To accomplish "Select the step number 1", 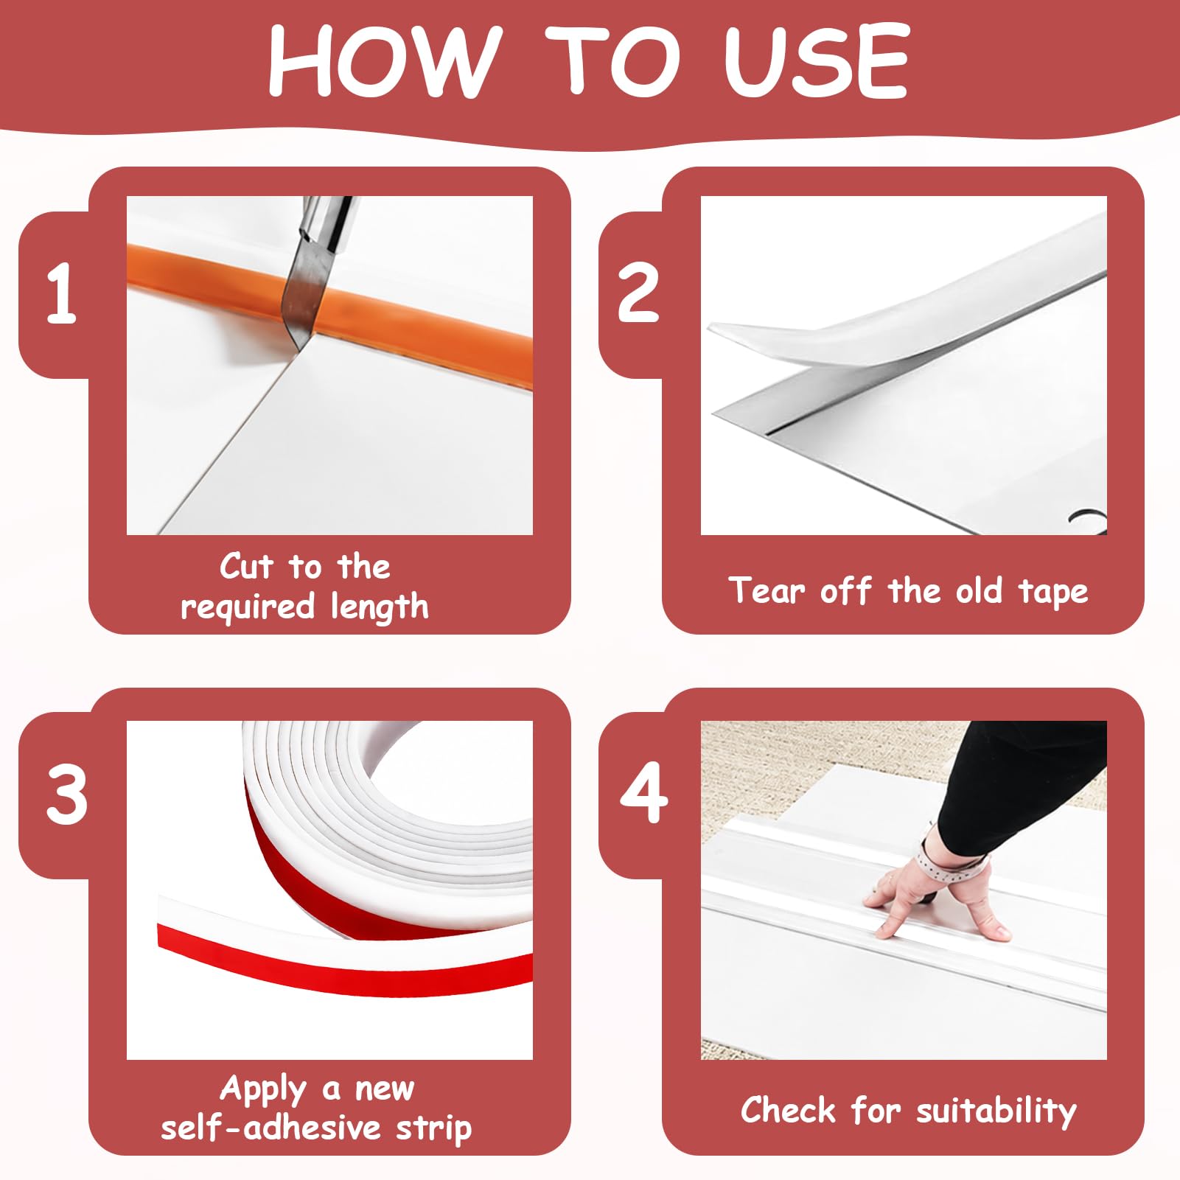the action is [x=61, y=294].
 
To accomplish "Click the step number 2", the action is [x=638, y=294].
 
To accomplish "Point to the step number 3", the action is [x=66, y=795].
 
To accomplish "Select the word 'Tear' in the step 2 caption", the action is [x=767, y=590].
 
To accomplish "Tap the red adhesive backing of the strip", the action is [x=346, y=958].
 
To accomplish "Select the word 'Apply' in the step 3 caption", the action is [x=263, y=1089].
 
